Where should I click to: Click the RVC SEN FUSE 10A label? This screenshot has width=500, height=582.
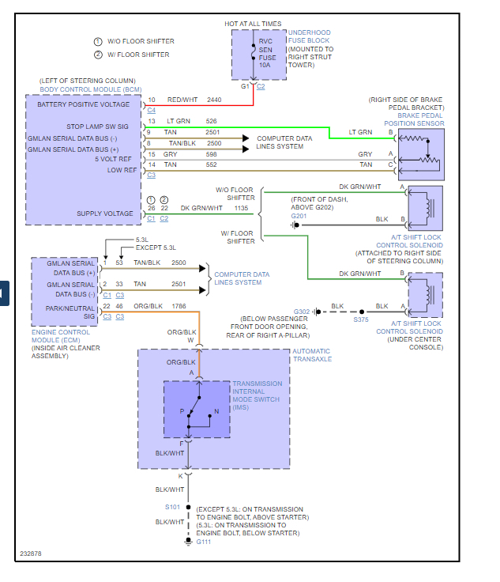[x=267, y=53]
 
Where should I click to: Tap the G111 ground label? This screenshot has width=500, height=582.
[x=204, y=542]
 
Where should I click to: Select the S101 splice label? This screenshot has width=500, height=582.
[x=172, y=507]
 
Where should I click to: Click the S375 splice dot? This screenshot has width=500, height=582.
[x=362, y=312]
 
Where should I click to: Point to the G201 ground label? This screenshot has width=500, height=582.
[x=299, y=216]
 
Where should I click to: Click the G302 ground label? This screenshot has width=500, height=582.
[x=301, y=312]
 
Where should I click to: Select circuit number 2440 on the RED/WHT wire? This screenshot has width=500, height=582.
[x=214, y=100]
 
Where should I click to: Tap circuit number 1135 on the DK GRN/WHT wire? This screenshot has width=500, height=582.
[x=241, y=208]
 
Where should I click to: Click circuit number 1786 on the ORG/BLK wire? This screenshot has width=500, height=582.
[x=179, y=306]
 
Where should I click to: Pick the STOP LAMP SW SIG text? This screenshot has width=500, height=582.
[x=97, y=127]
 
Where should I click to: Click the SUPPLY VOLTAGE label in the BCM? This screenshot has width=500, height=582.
[x=105, y=214]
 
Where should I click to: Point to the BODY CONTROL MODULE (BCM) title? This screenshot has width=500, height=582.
[x=91, y=89]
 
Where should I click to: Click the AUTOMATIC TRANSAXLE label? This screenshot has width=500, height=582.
[x=312, y=355]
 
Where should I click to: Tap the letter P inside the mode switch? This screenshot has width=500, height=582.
[x=182, y=411]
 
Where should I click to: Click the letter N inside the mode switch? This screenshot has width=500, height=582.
[x=216, y=411]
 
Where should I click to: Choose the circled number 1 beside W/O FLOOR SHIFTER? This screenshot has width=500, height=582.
[x=98, y=42]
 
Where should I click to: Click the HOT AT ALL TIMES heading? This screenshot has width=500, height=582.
[x=253, y=24]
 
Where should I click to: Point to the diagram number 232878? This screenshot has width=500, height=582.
[x=31, y=554]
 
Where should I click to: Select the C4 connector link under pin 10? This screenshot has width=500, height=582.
[x=151, y=110]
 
